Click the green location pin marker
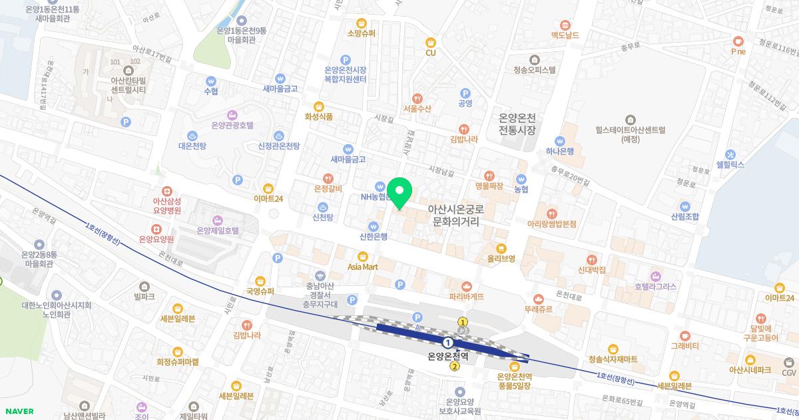click(400, 193)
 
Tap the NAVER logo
click(18, 411)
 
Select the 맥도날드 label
click(565, 35)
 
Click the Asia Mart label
click(363, 267)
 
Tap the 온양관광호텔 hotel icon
click(232, 114)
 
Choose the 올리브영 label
click(501, 259)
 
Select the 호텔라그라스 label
click(655, 287)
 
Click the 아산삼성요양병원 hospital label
click(167, 205)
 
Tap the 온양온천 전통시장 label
click(517, 123)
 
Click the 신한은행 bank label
click(374, 236)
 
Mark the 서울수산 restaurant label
click(417, 108)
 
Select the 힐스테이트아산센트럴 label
click(630, 135)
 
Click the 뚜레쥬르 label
click(538, 309)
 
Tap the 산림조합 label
click(685, 217)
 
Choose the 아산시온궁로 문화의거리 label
click(455, 214)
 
